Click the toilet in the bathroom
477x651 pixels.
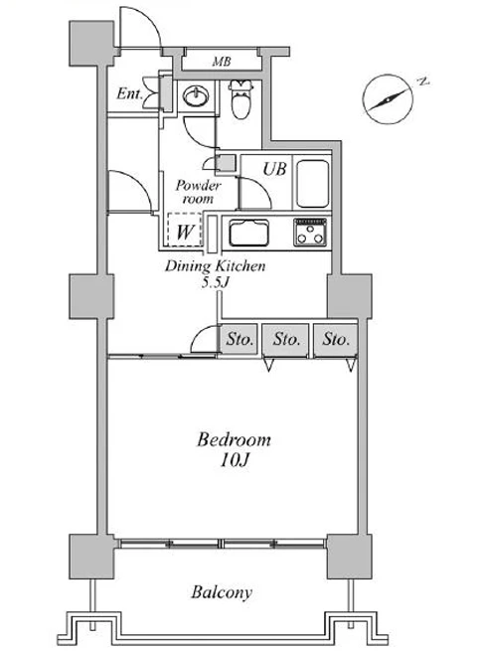coord(241,98)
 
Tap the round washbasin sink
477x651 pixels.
coord(195,96)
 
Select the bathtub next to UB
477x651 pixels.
coord(313,183)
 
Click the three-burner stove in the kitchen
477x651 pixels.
coord(310,233)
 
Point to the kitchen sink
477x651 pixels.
coord(248,233)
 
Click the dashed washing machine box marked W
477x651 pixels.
coord(184,230)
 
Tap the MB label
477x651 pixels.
coord(222,62)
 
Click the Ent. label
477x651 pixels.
coord(129,93)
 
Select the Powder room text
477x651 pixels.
coord(198,192)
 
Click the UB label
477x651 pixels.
coord(275,169)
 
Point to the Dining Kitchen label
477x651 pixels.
coord(215,265)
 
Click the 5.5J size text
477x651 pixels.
coord(216,282)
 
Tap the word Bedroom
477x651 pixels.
coord(234,439)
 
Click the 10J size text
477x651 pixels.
coord(235,460)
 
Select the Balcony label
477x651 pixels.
coord(222,592)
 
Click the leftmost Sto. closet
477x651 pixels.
coord(239,339)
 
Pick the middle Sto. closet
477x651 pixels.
coord(286,340)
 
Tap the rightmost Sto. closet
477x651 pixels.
coord(336,340)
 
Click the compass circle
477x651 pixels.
coord(388,99)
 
